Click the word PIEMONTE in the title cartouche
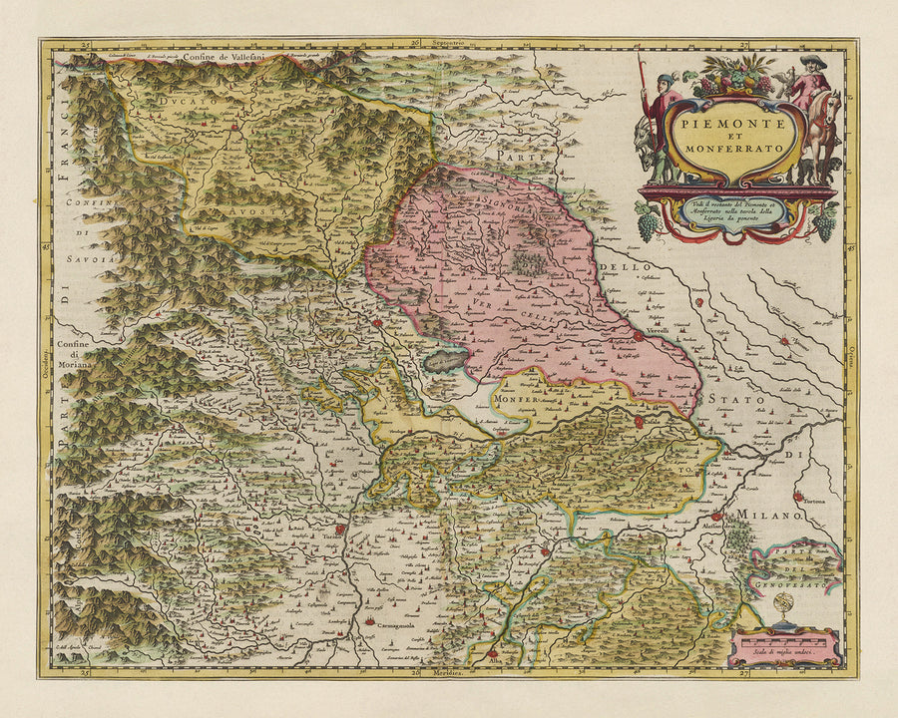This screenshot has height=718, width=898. point(733,117)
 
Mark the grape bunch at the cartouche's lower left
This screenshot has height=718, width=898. point(650,226)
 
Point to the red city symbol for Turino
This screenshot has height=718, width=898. point(340,532)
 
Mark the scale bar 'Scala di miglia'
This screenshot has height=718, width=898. point(784,646)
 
